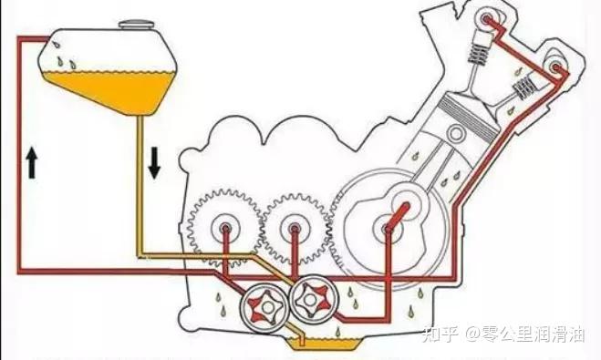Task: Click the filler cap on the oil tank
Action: (x=137, y=20)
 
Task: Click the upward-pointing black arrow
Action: (x=32, y=164)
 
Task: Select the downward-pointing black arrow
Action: (x=153, y=162)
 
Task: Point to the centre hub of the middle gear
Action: (x=294, y=229)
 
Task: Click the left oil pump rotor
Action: (x=264, y=303)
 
